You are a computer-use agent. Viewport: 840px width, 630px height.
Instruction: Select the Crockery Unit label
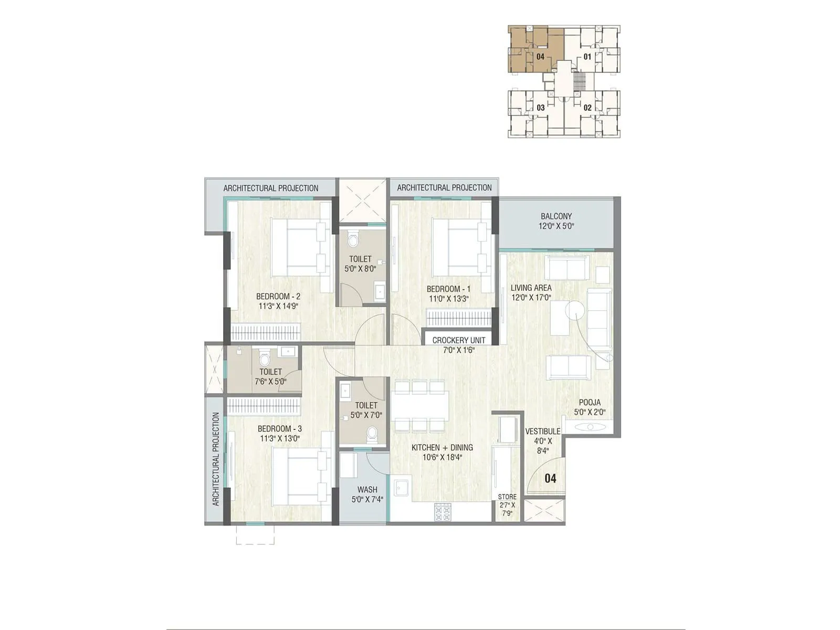[x=458, y=340]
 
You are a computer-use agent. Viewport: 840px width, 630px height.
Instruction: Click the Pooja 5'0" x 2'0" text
[x=590, y=407]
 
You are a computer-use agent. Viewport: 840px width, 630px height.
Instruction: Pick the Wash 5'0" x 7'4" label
[x=367, y=495]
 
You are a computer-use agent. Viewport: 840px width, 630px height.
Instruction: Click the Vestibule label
[x=543, y=432]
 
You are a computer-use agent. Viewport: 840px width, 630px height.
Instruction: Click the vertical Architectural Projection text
[x=215, y=459]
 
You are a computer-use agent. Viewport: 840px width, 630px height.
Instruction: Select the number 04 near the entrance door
[x=550, y=478]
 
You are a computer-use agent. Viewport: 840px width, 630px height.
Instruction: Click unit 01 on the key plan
[x=587, y=57]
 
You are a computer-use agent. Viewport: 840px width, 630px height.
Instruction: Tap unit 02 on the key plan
[x=587, y=108]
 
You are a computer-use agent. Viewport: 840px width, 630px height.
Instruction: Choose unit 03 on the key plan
[x=540, y=108]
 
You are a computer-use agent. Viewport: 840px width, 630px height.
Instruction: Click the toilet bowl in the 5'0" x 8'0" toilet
[x=354, y=240]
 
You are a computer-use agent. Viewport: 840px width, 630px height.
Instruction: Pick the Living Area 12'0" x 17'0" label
[x=531, y=292]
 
